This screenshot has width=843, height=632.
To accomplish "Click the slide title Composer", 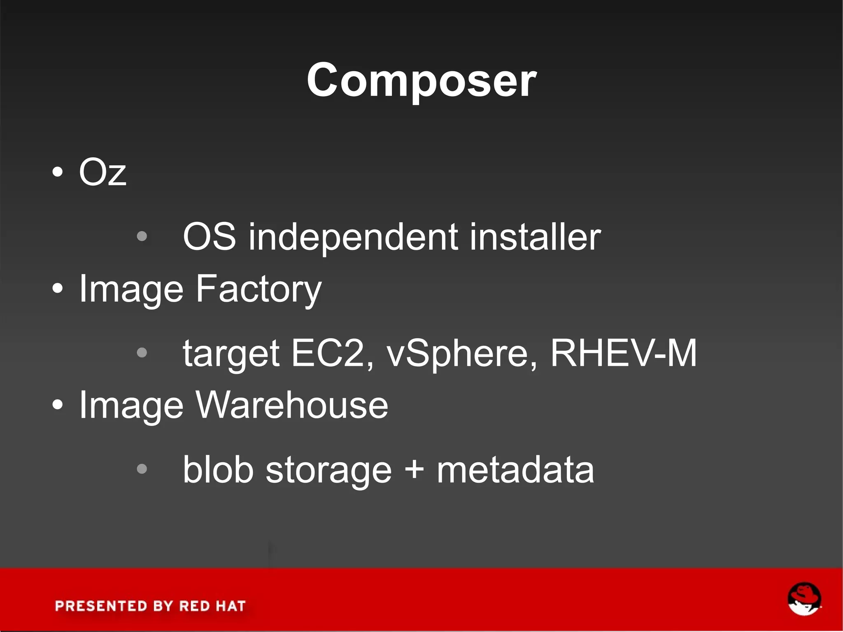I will pyautogui.click(x=421, y=80).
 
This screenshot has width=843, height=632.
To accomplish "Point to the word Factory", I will pyautogui.click(x=258, y=289).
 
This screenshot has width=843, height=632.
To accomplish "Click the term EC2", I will pyautogui.click(x=328, y=353).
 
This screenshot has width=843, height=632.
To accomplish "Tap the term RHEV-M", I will pyautogui.click(x=623, y=353).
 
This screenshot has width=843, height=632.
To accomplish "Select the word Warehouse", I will pyautogui.click(x=291, y=405).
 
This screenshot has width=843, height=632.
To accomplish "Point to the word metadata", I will pyautogui.click(x=515, y=470).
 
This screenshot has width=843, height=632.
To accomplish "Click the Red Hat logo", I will pyautogui.click(x=804, y=599).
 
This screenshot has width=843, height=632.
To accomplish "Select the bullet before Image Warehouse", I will pyautogui.click(x=58, y=405).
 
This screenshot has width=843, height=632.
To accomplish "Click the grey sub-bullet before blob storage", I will pyautogui.click(x=142, y=469).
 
